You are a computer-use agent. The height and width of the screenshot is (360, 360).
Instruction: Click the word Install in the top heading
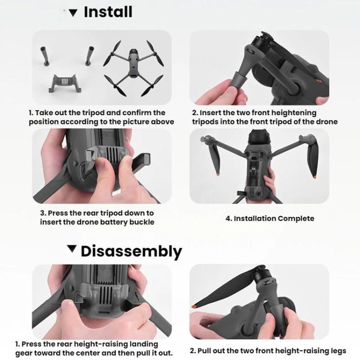pyautogui.click(x=108, y=12)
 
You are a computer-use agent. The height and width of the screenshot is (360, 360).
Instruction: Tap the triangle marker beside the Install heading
pyautogui.click(x=73, y=13)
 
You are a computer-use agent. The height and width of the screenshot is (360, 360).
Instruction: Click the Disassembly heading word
pyautogui.click(x=131, y=251)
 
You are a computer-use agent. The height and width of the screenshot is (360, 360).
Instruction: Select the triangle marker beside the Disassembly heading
pyautogui.click(x=72, y=249)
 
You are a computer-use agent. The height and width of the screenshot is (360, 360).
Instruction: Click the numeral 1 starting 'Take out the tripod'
pyautogui.click(x=31, y=113)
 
